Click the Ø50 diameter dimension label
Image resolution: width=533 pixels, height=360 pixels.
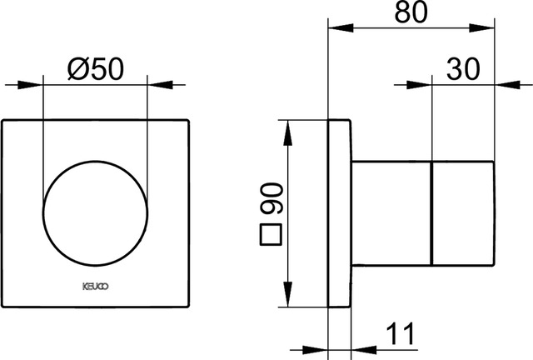coord(96,69)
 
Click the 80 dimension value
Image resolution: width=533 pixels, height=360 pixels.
coord(411,12)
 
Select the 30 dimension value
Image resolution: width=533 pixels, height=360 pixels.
coord(463,69)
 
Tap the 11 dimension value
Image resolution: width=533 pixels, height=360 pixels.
coord(401,333)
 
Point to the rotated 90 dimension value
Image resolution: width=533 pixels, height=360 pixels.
coord(272,198)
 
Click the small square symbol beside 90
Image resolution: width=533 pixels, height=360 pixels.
coord(271,235)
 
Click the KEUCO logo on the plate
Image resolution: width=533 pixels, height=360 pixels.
coord(96,287)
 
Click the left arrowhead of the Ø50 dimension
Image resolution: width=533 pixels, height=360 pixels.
coord(30,85)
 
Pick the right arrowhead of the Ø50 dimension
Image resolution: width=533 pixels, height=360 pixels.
coord(160,85)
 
